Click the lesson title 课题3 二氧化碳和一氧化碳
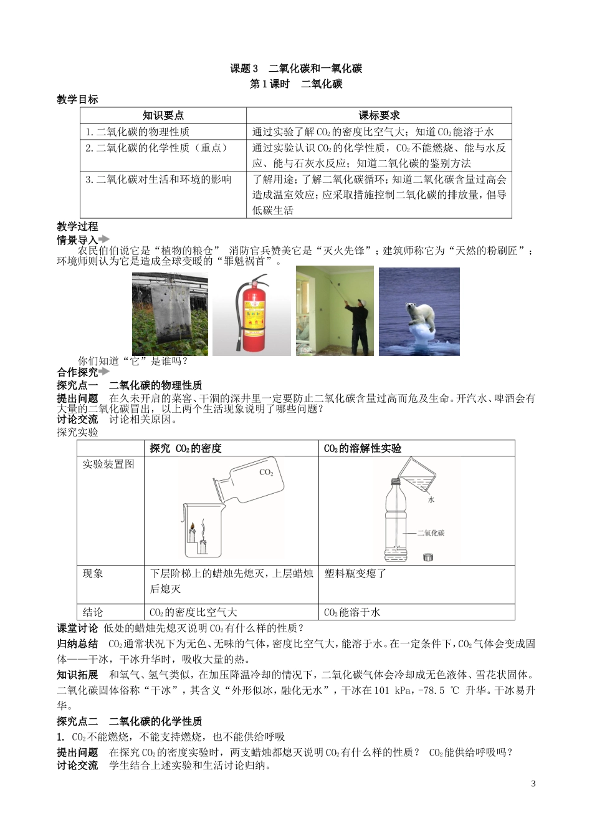click(296, 69)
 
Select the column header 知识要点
click(163, 115)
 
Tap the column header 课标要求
click(379, 115)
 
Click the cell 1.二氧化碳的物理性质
click(138, 132)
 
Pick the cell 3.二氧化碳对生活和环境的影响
click(158, 180)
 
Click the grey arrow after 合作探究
click(104, 372)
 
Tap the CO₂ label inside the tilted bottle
click(266, 473)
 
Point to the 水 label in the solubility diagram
click(431, 499)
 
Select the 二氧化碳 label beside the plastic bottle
click(431, 533)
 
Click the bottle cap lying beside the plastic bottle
click(429, 556)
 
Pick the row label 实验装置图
click(108, 465)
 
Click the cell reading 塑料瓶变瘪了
click(356, 574)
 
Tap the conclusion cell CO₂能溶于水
click(352, 612)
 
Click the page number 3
click(533, 784)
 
